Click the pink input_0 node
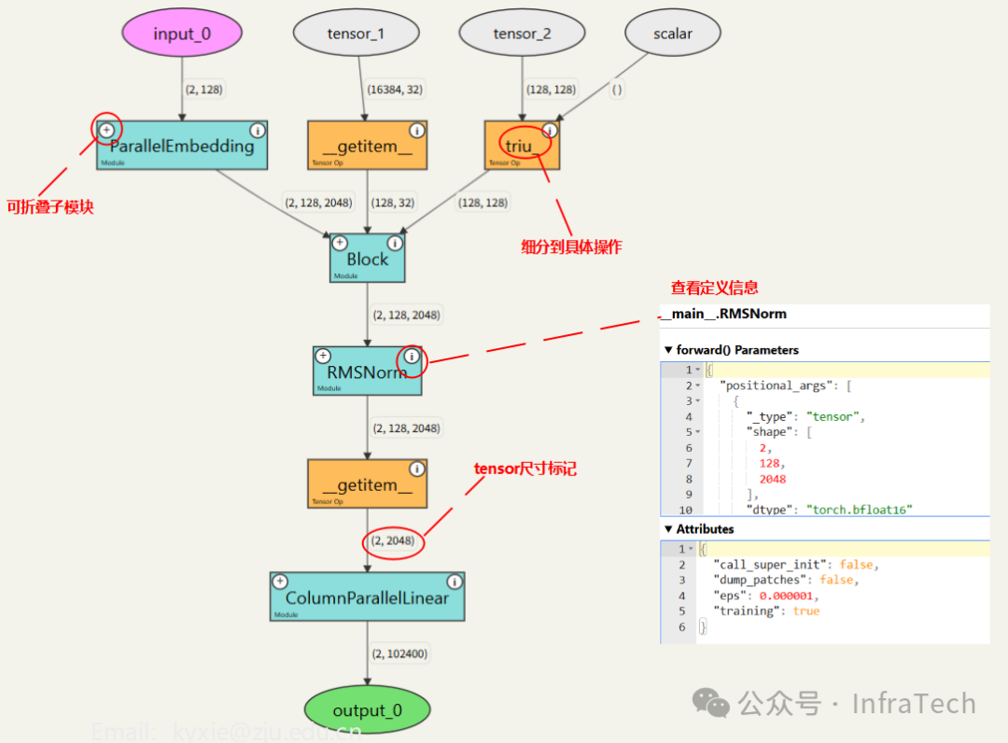(x=182, y=34)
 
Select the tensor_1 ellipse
(x=355, y=34)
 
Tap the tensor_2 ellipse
(x=522, y=34)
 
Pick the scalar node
(x=672, y=34)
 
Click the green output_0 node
(x=367, y=710)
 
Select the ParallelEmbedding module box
(x=181, y=146)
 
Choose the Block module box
(x=367, y=258)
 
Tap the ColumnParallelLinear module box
(x=367, y=597)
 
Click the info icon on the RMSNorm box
(x=413, y=357)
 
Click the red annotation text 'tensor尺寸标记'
(x=525, y=469)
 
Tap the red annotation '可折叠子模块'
(x=50, y=206)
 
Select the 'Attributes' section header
(x=705, y=529)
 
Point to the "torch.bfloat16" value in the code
(x=859, y=510)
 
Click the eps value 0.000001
(x=791, y=596)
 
